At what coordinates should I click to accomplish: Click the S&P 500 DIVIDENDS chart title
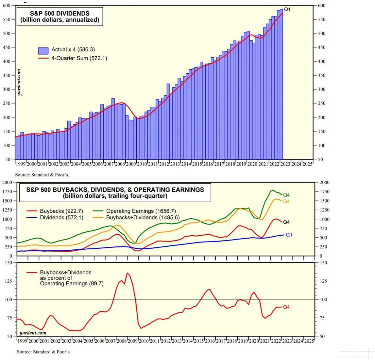tap(60, 16)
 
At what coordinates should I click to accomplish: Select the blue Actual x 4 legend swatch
tap(43, 50)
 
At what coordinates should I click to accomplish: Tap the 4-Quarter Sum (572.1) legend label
tap(79, 58)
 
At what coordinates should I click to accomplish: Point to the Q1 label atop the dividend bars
tap(287, 9)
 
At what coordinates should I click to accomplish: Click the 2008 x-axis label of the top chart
tap(120, 164)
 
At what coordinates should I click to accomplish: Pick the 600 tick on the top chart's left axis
tap(7, 6)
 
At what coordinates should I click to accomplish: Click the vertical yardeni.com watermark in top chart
tap(19, 82)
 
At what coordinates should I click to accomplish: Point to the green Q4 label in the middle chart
tap(286, 195)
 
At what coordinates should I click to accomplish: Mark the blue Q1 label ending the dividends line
tap(289, 235)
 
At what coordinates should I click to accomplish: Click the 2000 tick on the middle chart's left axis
tap(7, 182)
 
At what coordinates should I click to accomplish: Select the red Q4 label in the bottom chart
tap(286, 307)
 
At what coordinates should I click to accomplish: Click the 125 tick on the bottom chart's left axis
tap(9, 281)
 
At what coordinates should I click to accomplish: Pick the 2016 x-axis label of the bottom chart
tap(210, 341)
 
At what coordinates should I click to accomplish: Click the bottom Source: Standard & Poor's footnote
tap(44, 352)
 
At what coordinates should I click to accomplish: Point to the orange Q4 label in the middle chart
tap(286, 201)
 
